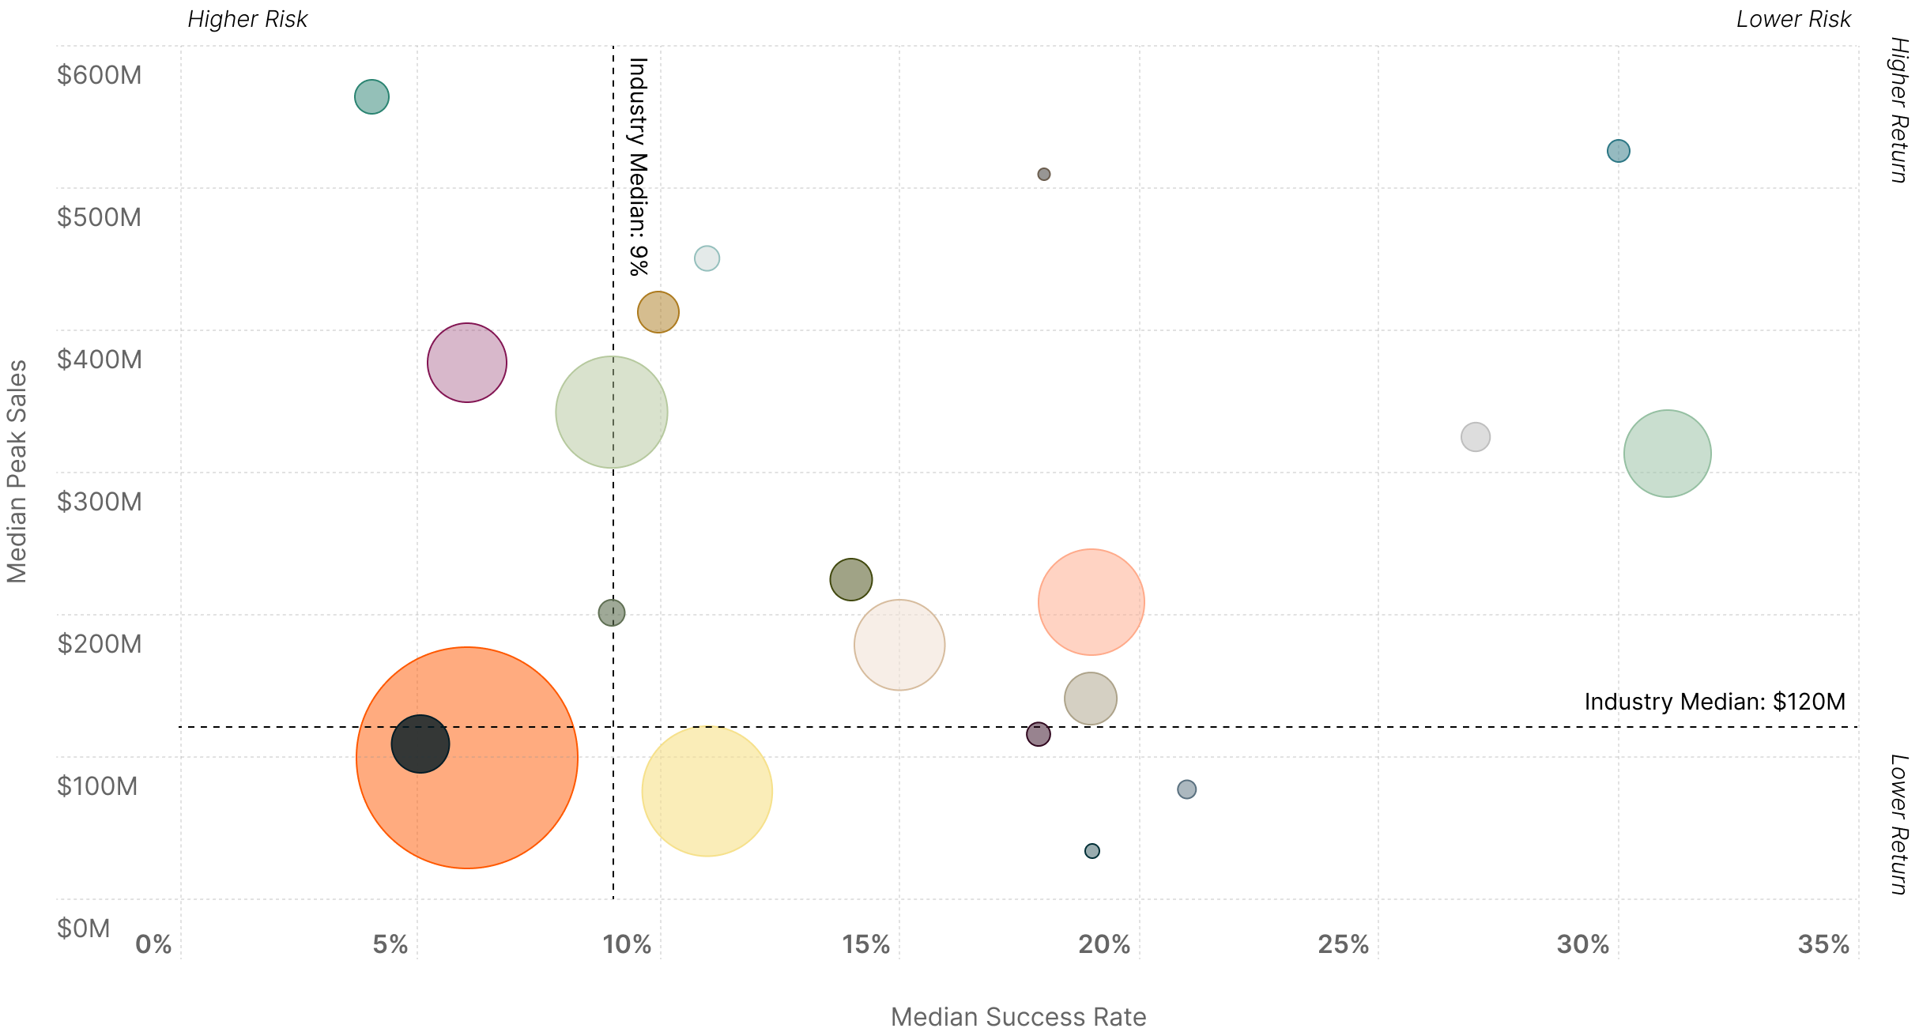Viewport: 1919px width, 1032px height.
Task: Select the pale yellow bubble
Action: pos(707,790)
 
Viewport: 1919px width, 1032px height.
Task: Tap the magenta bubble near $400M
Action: pos(466,362)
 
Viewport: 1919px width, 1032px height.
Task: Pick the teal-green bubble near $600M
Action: pos(371,96)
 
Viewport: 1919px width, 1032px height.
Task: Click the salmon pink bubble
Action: pos(1091,601)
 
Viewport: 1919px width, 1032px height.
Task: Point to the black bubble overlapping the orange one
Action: pos(420,744)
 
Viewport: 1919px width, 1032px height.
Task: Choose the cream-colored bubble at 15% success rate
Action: pos(899,645)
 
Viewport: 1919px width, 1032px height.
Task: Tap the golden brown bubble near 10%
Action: pos(658,311)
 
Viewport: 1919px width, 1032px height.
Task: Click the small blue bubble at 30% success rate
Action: pos(1618,150)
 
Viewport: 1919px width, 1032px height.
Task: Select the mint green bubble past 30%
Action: pos(1667,453)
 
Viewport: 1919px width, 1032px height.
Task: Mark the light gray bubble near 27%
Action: pos(1475,436)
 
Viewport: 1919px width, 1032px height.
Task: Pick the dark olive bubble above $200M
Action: pos(850,579)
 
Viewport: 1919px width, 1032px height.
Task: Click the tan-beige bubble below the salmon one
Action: pos(1090,699)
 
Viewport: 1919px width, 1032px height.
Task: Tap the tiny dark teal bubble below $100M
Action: pos(1091,851)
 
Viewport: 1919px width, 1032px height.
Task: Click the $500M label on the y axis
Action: pos(99,217)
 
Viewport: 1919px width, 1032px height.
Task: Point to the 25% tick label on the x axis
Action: pos(1343,943)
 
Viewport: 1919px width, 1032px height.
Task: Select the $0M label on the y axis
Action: pos(83,928)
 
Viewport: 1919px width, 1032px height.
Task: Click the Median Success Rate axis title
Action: pos(1018,1016)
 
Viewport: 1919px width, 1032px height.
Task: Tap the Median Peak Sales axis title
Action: pos(17,471)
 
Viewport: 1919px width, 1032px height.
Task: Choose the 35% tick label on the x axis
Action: pos(1823,943)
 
